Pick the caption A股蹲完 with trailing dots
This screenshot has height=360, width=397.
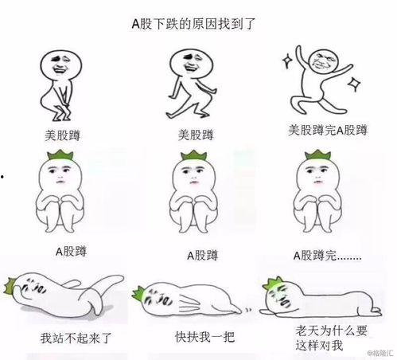(326, 255)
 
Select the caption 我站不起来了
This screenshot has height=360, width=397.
(73, 335)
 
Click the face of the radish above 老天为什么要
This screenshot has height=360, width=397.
(282, 295)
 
